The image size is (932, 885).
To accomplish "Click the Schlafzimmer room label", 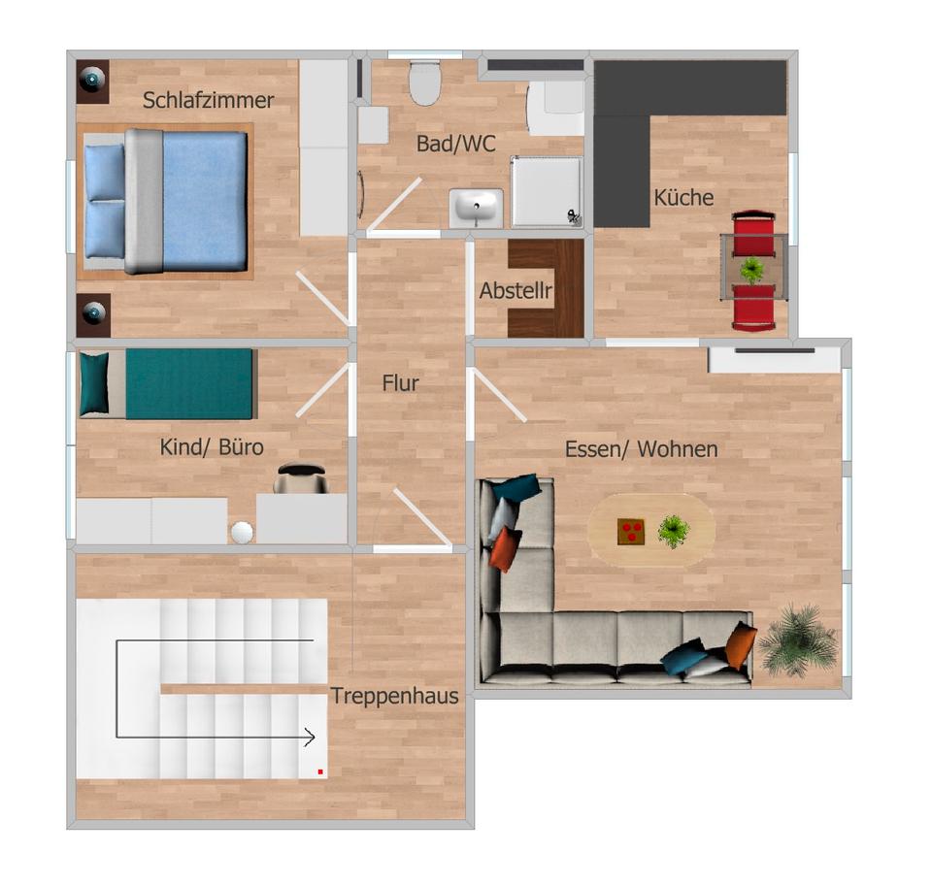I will [x=208, y=100].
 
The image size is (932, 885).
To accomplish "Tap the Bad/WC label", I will [x=455, y=144].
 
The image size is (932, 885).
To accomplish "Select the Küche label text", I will [x=683, y=198].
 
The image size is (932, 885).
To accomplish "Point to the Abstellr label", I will [x=516, y=291].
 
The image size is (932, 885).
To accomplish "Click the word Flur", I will [x=400, y=383].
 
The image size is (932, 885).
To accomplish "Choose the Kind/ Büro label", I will [x=212, y=447].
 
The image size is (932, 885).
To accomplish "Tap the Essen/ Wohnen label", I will [x=641, y=449].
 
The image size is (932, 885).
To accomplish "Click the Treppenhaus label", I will [x=394, y=696].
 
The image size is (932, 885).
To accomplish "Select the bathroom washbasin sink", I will [x=476, y=208].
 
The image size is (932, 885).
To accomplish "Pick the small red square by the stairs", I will [x=319, y=771].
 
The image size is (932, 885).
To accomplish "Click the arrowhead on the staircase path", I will [x=310, y=737].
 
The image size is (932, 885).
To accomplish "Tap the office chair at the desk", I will [x=301, y=476].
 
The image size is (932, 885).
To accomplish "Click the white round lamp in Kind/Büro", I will [x=242, y=532].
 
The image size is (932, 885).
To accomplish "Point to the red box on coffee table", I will [x=631, y=531].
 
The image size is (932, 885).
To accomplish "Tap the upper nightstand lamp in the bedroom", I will [x=93, y=78].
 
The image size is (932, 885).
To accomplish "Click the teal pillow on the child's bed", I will [x=94, y=383].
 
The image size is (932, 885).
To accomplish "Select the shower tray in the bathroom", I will [x=548, y=191].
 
